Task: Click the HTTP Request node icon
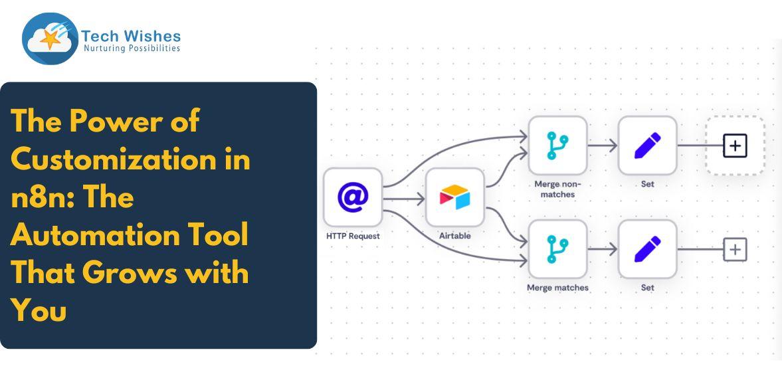353,197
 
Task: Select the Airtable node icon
455,197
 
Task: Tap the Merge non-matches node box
557,145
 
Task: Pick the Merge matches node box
557,249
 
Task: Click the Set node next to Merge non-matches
647,145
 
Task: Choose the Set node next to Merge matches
647,249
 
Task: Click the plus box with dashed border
735,145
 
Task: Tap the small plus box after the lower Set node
735,250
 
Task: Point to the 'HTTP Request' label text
353,236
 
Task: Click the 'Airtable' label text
455,236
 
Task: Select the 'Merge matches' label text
557,288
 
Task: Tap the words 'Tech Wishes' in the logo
131,36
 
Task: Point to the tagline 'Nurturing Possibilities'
132,48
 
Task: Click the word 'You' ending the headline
39,311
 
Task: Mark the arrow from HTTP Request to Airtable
404,197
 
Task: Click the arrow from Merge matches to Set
603,250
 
